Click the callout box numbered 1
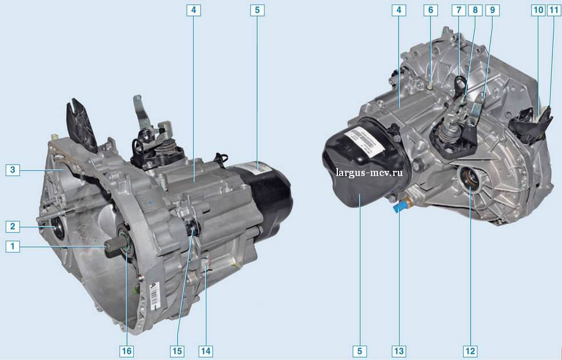13,246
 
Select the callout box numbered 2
13,226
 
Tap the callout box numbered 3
13,170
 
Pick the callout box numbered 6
431,10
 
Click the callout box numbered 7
459,10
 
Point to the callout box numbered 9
492,10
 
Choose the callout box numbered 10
539,10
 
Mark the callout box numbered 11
553,10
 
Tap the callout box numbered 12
470,351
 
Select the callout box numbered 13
398,351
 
